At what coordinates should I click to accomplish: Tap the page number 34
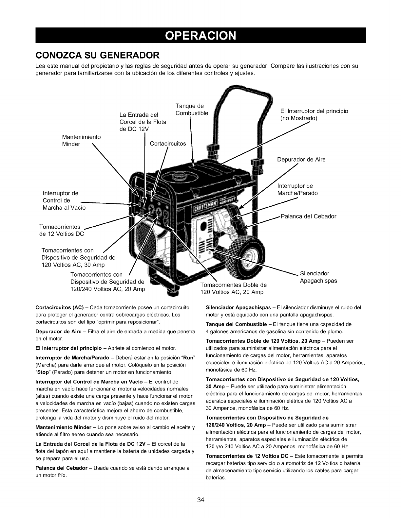200,500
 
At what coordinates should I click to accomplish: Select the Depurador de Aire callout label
301,160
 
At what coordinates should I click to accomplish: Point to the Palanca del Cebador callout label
308,216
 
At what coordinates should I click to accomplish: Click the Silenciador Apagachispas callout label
318,277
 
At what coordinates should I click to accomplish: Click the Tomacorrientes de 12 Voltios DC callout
62,230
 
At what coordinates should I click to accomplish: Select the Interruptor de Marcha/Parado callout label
297,190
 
